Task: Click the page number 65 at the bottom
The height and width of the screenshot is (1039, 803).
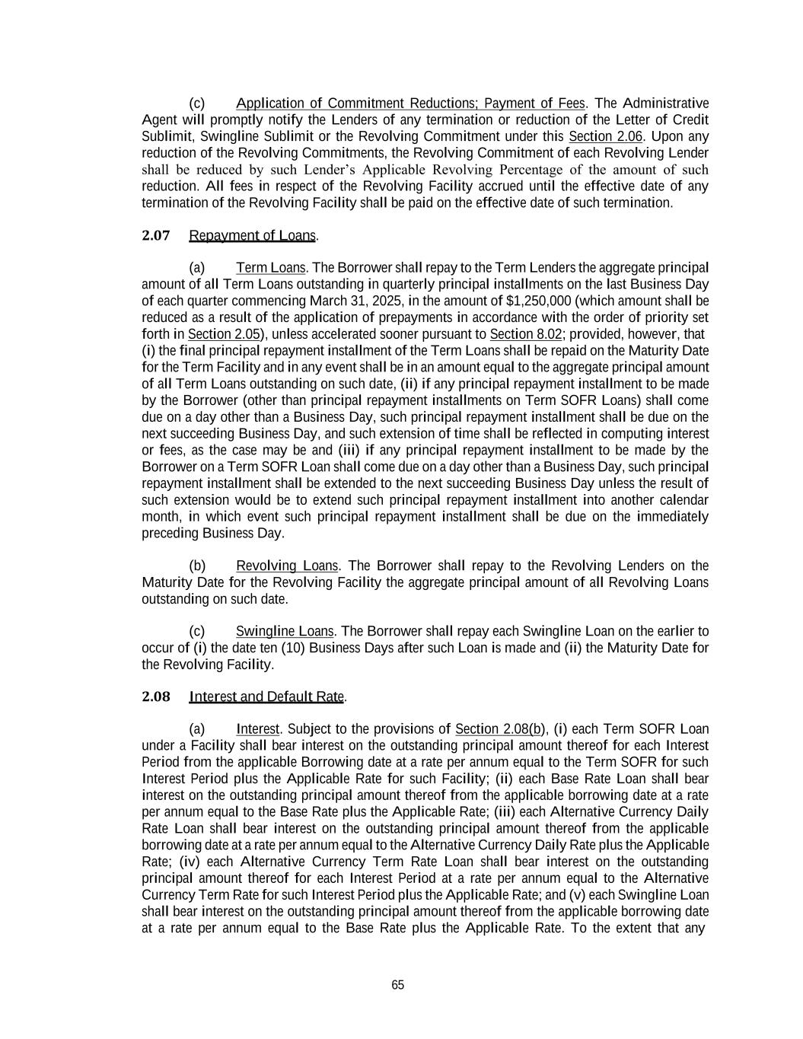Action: pos(397,985)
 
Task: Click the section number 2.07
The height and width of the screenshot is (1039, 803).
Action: pos(156,235)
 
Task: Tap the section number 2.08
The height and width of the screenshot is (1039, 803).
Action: pos(156,696)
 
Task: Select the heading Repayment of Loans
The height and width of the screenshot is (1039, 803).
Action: pos(252,235)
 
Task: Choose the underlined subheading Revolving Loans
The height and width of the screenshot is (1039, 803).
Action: pos(287,566)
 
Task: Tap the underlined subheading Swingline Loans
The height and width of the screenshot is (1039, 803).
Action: pos(285,631)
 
